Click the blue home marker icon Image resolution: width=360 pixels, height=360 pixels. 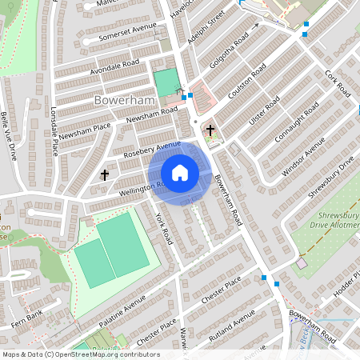[x=180, y=172]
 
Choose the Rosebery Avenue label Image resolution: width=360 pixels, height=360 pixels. [x=153, y=149]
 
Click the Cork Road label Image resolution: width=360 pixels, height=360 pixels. [x=338, y=83]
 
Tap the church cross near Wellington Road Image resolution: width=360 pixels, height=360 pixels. [x=104, y=174]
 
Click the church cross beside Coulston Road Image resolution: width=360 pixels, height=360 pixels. [x=210, y=130]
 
